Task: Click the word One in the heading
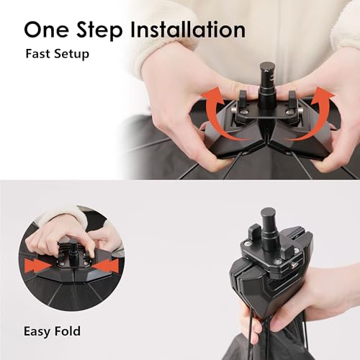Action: (x=46, y=30)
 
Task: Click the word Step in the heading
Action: (x=99, y=31)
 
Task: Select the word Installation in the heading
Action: (x=188, y=30)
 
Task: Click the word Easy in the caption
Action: (x=37, y=332)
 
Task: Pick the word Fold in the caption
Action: (x=68, y=330)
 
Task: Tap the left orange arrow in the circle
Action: (x=37, y=266)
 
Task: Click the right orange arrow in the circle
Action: (x=105, y=266)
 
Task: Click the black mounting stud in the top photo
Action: (x=268, y=86)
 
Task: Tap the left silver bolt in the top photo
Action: (x=233, y=111)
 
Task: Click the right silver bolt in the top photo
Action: (x=300, y=111)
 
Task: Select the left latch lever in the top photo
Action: (x=243, y=99)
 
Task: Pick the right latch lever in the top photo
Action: (x=292, y=99)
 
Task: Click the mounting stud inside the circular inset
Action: (x=72, y=251)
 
